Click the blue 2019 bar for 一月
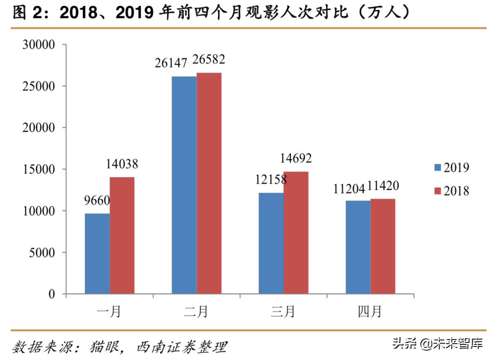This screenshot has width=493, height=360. (97, 253)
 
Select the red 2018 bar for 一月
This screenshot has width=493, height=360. (122, 235)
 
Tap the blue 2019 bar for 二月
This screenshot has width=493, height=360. (184, 185)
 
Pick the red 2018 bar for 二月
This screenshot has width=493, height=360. (209, 183)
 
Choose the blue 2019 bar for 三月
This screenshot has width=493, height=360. (271, 243)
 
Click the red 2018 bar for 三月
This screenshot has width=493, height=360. (296, 232)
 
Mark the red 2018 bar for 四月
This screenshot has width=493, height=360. (383, 246)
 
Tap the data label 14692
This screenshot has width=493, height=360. (296, 158)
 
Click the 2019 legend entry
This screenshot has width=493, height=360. (451, 167)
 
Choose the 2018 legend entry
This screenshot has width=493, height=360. (451, 191)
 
